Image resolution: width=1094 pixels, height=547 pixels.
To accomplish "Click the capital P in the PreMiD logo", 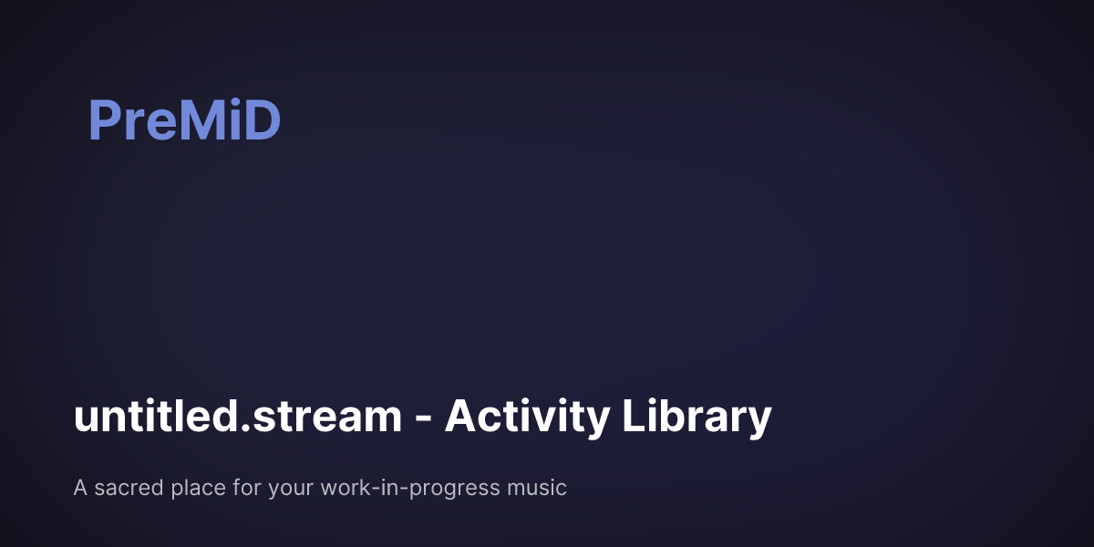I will [104, 121].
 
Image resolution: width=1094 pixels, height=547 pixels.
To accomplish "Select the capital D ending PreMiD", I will [259, 121].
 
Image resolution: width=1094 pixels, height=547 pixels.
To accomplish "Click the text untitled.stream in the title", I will [237, 418].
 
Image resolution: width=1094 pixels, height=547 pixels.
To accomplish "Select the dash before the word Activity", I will [423, 420].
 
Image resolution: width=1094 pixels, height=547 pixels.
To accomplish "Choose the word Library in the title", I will [697, 418].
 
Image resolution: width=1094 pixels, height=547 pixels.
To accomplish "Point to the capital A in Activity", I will [460, 417].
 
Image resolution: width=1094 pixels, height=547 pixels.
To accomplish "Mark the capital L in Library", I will [633, 417].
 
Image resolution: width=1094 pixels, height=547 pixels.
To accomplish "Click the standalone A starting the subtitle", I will [80, 488].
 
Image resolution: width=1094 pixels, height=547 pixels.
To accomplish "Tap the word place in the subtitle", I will [195, 489].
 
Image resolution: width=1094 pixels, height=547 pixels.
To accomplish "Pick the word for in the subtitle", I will [245, 488].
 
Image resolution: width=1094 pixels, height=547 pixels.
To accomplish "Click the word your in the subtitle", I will [291, 490].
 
